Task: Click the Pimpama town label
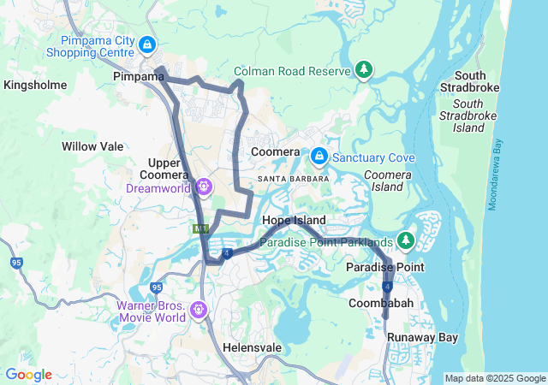click(138, 76)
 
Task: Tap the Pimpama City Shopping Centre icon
click(147, 43)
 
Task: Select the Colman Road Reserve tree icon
click(365, 68)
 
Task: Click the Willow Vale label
click(92, 146)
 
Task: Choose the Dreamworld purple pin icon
click(203, 185)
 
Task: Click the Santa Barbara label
click(293, 179)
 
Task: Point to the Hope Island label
click(294, 221)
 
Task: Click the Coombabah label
click(381, 304)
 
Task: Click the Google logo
click(28, 375)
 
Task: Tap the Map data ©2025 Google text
click(494, 378)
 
